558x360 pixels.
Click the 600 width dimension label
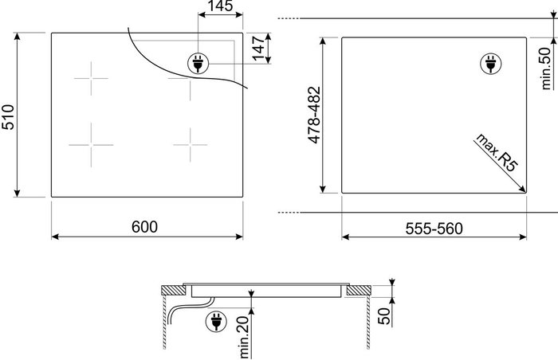tap(144, 227)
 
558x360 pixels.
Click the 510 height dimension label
tap(8, 117)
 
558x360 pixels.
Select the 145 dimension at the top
tap(220, 6)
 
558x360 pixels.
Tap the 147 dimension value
tap(259, 48)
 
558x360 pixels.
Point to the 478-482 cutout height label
tap(315, 115)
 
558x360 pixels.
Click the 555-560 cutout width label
tap(434, 229)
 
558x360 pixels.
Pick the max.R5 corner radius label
tap(497, 152)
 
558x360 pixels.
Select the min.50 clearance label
tap(546, 68)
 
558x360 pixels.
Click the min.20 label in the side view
tap(245, 337)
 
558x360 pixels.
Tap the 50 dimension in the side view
tap(384, 316)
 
